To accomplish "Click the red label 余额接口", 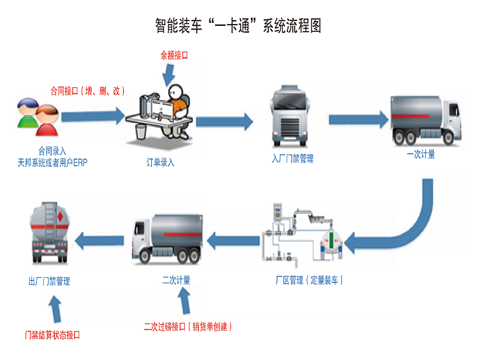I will point(174,55).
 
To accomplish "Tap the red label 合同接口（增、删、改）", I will point(88,91).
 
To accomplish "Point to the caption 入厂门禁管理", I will point(292,159).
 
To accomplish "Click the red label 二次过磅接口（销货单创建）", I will point(188,327).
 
